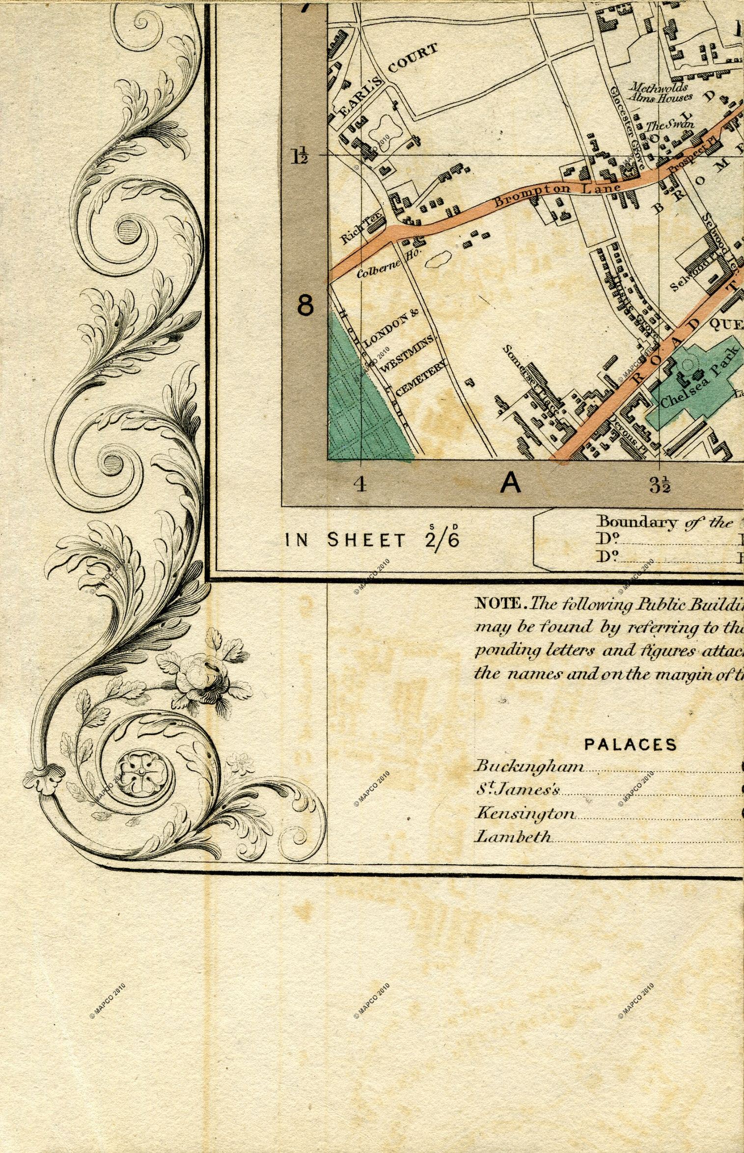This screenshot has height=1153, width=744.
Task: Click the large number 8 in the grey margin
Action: pyautogui.click(x=305, y=306)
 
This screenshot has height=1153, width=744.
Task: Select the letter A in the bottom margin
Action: pyautogui.click(x=511, y=484)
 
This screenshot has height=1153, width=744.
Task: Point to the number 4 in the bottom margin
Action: pyautogui.click(x=361, y=484)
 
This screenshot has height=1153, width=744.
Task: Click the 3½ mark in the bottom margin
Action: pyautogui.click(x=660, y=485)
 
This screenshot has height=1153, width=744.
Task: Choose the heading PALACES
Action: pyautogui.click(x=630, y=744)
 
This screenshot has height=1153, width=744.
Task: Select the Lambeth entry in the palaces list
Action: pyautogui.click(x=513, y=837)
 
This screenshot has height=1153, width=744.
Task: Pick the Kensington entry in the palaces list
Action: pyautogui.click(x=525, y=814)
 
